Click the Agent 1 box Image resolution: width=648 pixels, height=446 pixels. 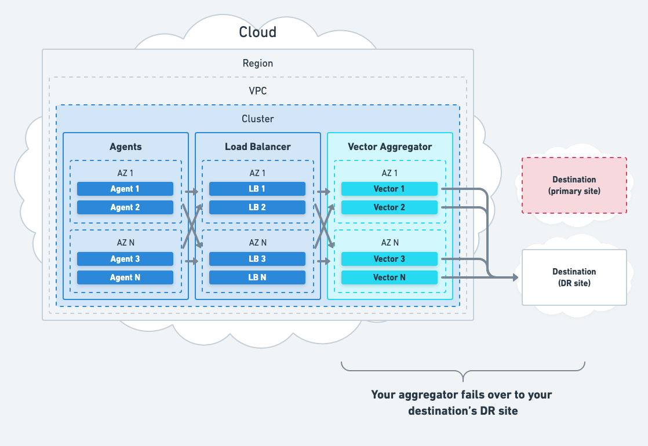(x=125, y=189)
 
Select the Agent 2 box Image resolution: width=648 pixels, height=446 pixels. (x=125, y=207)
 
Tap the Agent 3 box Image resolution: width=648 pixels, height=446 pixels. (x=125, y=259)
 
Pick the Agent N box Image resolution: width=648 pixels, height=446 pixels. (x=125, y=277)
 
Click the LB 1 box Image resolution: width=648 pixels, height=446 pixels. (x=257, y=189)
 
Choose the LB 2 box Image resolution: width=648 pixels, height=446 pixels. (x=257, y=207)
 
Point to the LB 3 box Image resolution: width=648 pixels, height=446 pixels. (x=257, y=259)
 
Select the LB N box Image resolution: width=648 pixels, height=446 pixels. (x=257, y=277)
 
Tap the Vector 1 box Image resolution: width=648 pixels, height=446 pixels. (x=389, y=189)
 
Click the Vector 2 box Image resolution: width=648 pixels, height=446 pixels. (x=389, y=207)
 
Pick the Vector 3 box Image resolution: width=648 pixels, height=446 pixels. (x=389, y=259)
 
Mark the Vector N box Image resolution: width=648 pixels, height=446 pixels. (x=389, y=277)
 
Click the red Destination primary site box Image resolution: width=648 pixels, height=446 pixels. (x=574, y=185)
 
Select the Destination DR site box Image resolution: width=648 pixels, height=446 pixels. (x=574, y=277)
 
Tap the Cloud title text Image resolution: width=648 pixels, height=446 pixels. (x=258, y=32)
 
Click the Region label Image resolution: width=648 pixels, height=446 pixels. (x=258, y=63)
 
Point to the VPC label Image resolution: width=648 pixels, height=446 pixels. (x=258, y=91)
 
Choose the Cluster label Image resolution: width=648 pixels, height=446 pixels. (x=258, y=119)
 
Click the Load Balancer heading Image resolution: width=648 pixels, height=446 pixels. (x=257, y=147)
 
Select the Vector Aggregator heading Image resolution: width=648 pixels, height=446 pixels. (x=389, y=147)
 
